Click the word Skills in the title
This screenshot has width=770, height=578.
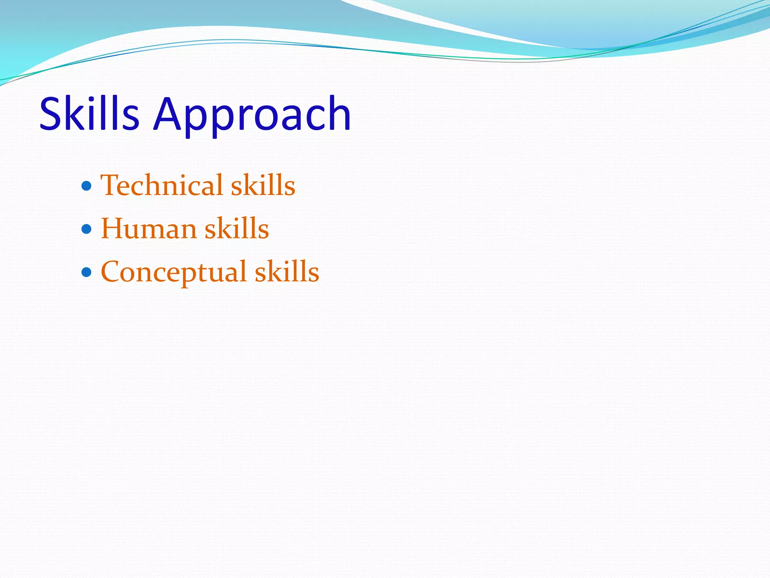click(x=89, y=114)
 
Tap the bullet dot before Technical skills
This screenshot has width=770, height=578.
click(x=86, y=186)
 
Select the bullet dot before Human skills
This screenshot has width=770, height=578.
click(x=86, y=228)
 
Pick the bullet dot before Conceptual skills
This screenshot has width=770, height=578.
click(x=86, y=271)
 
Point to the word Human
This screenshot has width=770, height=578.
click(x=149, y=229)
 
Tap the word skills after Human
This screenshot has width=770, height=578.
click(x=237, y=229)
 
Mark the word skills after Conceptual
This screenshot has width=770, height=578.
click(x=287, y=272)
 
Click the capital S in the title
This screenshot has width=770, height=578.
click(x=51, y=114)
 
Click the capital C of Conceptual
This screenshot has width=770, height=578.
click(x=112, y=272)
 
